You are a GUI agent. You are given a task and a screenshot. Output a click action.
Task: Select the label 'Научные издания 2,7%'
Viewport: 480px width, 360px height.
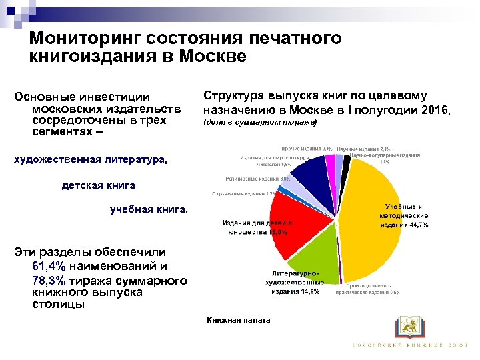pyautogui.click(x=363, y=149)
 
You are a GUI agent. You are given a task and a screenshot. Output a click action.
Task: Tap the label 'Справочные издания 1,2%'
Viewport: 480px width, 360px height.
pyautogui.click(x=243, y=193)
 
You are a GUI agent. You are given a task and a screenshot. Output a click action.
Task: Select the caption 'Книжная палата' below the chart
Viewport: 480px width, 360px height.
pyautogui.click(x=238, y=321)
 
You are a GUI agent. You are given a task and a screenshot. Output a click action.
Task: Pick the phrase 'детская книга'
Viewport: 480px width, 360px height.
pyautogui.click(x=98, y=185)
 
